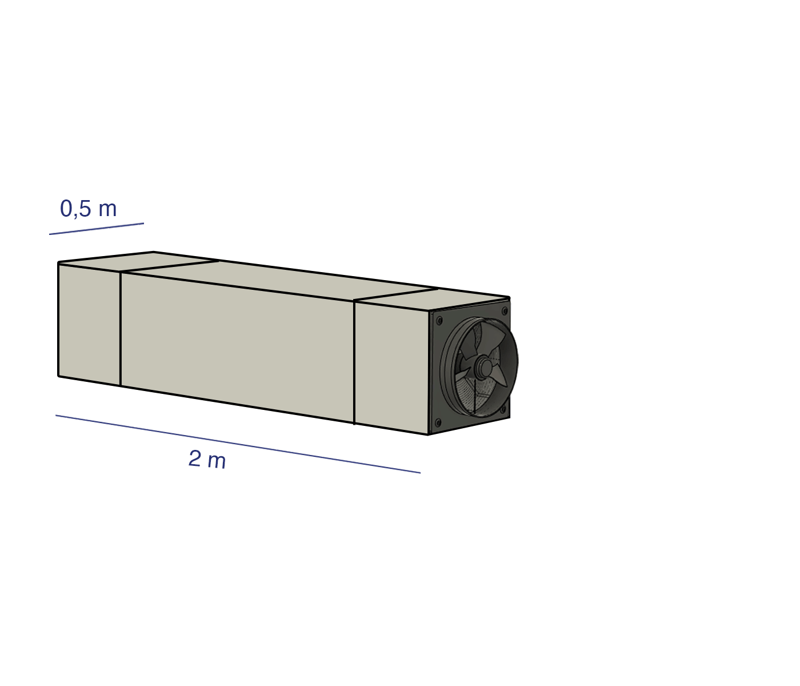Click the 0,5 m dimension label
(x=88, y=209)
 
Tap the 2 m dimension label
(x=207, y=460)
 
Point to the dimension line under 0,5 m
(x=97, y=229)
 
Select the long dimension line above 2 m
(x=238, y=444)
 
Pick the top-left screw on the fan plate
(x=439, y=321)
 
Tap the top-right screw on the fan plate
(x=505, y=311)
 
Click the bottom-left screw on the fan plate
(x=438, y=422)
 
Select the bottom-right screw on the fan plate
(x=503, y=409)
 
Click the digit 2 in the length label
(x=195, y=458)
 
